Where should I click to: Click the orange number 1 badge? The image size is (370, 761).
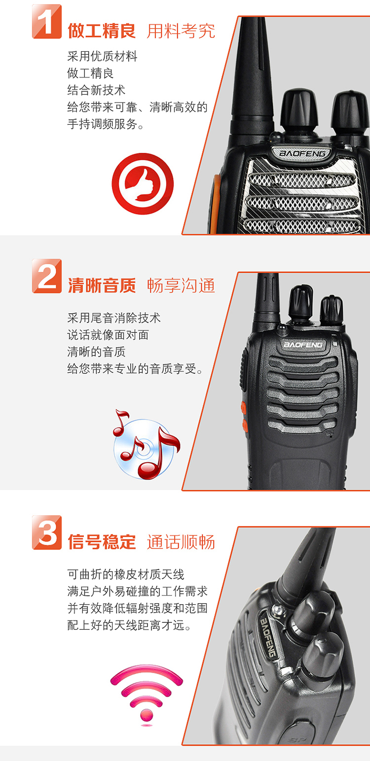click(x=47, y=21)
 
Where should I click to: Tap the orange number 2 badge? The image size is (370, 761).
click(x=47, y=276)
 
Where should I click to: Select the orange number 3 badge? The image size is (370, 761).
click(x=47, y=532)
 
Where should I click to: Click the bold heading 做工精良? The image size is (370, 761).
click(x=102, y=31)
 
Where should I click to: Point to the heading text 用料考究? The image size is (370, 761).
click(x=181, y=31)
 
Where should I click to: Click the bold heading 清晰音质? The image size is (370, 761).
click(x=102, y=286)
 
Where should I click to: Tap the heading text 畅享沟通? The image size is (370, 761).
click(x=181, y=286)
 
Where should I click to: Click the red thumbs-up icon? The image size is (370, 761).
click(x=143, y=184)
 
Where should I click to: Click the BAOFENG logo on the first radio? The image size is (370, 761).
click(x=302, y=153)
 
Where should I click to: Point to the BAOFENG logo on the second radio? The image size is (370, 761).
click(x=303, y=345)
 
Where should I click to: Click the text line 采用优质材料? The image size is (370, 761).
click(x=102, y=56)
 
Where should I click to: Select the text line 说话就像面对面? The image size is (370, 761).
click(x=108, y=335)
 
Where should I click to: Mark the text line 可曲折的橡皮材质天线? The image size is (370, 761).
click(x=126, y=575)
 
